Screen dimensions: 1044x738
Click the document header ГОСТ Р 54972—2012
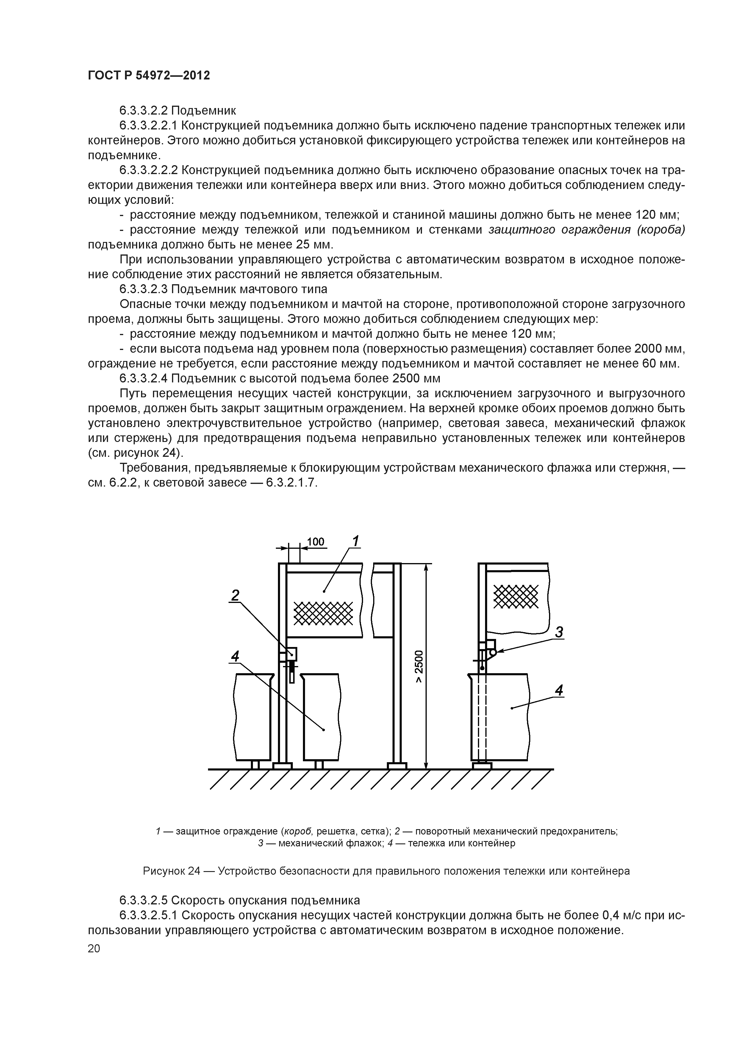click(x=149, y=76)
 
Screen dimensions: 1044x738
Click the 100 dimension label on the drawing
click(x=315, y=542)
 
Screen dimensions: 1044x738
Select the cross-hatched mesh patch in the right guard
click(x=515, y=596)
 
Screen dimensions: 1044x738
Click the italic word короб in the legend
click(x=297, y=831)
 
